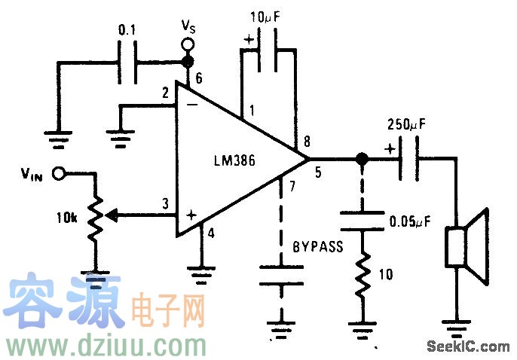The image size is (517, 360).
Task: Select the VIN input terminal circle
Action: [x=57, y=174]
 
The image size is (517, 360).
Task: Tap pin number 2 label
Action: [x=164, y=93]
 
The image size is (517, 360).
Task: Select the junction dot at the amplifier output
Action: [x=362, y=159]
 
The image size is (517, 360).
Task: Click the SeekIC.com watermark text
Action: [x=467, y=347]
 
